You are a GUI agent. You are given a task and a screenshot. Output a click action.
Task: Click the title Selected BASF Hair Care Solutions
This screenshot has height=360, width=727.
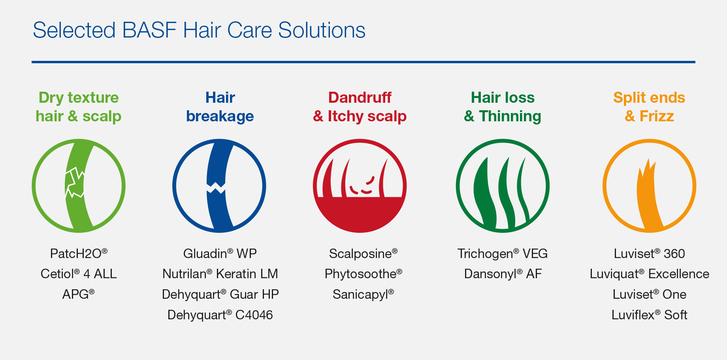coord(199,30)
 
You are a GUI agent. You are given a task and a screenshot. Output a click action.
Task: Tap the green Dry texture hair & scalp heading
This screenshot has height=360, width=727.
coord(79,107)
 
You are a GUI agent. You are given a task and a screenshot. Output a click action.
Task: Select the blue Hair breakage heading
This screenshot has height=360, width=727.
coord(220,107)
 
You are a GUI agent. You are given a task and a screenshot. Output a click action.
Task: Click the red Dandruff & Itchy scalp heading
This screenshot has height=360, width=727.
coord(360,107)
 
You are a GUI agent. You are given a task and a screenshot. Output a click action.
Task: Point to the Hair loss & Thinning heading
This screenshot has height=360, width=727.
coord(503,107)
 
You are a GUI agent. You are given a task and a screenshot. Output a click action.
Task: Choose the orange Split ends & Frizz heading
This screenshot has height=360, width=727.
coord(649,107)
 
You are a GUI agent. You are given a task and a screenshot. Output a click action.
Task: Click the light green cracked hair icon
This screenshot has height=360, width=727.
coord(79,186)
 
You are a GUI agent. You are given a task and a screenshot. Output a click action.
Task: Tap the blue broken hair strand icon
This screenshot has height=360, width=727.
coord(219,186)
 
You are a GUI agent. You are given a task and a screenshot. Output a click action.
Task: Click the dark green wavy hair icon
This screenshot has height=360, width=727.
coord(503,186)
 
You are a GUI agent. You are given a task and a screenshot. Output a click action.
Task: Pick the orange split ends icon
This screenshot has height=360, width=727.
coord(649,186)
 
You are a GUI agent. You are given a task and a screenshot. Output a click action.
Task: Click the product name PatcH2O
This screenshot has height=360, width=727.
coord(79,253)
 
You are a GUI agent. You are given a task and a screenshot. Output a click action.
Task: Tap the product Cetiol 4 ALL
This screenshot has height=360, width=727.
coord(79,274)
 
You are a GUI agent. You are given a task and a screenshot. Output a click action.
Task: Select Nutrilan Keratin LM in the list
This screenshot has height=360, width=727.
coord(220,274)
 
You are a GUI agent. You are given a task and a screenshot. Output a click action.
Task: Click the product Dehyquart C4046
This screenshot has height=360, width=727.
coord(220,315)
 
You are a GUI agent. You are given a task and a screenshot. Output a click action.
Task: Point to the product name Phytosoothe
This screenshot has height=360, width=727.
coord(363,274)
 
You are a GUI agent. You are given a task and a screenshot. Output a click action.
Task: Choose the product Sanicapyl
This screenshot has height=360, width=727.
coord(363,294)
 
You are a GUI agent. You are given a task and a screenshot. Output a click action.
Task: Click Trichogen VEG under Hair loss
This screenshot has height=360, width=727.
coord(503,253)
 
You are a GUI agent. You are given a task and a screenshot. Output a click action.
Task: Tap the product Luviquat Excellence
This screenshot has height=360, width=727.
coord(649,274)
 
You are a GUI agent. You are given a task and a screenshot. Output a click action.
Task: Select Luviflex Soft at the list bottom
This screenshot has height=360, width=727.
coord(649,315)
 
